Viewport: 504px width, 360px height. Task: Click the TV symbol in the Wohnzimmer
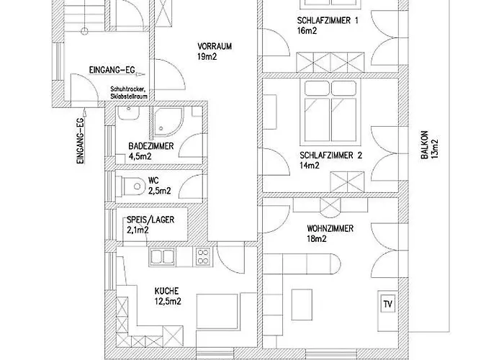387,304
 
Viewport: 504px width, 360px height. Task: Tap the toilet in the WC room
132,186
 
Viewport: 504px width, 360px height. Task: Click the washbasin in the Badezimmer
128,113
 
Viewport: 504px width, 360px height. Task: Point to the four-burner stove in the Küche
203,256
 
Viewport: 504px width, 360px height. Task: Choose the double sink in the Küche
162,256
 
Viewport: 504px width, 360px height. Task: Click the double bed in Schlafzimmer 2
330,112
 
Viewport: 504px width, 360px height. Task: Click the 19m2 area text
207,57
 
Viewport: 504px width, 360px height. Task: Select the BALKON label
425,145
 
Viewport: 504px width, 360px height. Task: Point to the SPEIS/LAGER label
150,220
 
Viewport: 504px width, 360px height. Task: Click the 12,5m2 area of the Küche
168,302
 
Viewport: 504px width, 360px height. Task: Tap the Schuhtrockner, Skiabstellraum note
129,93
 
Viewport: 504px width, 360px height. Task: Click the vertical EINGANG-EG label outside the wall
81,140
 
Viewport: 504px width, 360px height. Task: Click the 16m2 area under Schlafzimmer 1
307,31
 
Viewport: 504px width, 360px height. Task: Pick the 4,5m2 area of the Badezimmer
140,156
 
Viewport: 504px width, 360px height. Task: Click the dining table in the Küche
217,310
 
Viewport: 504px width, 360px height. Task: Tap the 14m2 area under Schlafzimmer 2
310,166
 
